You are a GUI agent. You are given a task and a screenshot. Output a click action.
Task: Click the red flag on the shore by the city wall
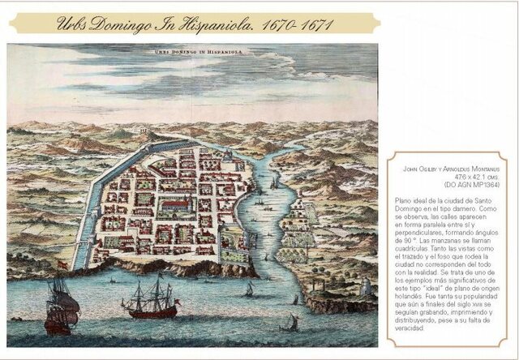pyautogui.click(x=62, y=264)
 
